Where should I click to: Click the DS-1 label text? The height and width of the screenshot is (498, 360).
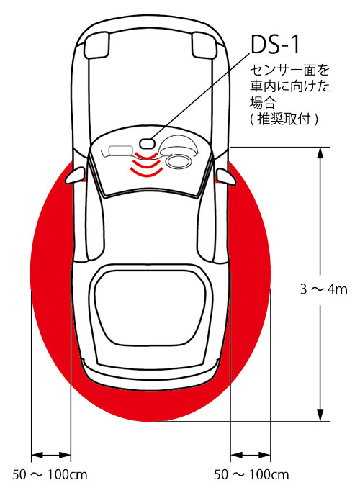coord(275,45)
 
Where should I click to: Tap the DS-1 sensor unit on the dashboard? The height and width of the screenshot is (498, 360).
coord(147,143)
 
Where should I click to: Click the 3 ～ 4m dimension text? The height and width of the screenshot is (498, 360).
coord(324,289)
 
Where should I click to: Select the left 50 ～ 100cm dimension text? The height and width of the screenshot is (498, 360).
coord(50,475)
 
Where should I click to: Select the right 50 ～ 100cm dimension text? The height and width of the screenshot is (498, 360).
coord(251,475)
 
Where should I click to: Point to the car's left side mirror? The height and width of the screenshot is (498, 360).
coord(76,176)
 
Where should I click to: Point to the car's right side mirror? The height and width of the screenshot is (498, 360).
coord(226,177)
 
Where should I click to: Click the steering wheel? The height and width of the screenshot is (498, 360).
coord(179,161)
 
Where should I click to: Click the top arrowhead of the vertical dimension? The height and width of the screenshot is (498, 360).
coord(320,153)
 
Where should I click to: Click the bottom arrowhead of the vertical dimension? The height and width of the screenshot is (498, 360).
coord(320,415)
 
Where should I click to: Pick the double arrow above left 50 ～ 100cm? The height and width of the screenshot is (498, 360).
coord(51,455)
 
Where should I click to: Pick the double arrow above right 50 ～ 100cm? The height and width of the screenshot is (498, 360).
coord(251,455)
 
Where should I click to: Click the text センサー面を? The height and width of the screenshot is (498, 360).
coord(289,71)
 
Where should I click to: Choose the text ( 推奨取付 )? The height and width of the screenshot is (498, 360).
coord(284,119)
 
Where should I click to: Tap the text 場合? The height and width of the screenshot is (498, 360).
coord(262,103)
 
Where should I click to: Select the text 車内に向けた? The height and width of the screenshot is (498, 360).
coord(289,86)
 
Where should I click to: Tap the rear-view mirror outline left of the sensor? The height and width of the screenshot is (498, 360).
coord(121,150)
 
